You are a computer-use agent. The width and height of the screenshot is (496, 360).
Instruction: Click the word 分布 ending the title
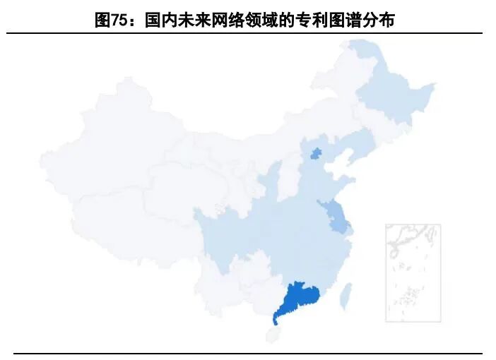point(377,20)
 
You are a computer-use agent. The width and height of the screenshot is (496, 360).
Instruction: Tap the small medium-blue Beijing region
point(316,153)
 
